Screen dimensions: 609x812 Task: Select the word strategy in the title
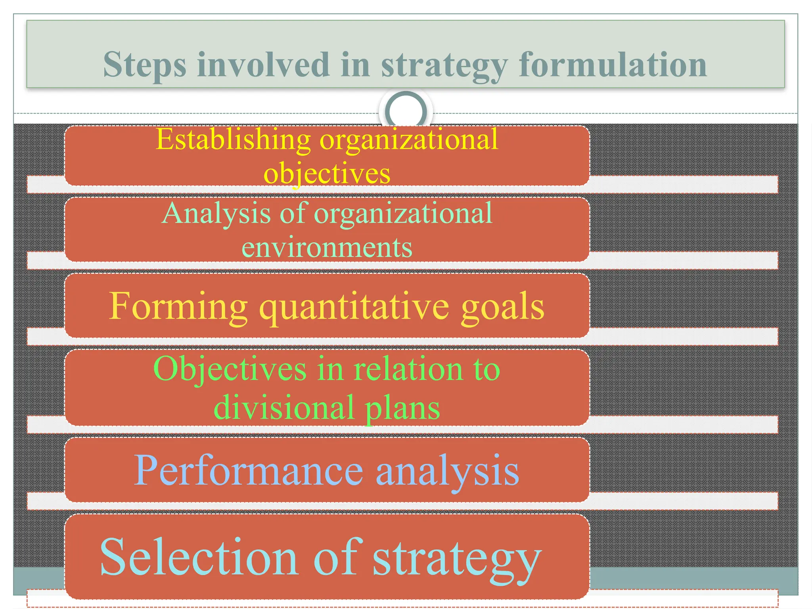click(x=444, y=65)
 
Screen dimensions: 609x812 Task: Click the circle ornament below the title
click(x=406, y=111)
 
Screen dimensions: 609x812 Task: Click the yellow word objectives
click(x=327, y=173)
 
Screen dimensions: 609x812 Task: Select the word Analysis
click(x=216, y=213)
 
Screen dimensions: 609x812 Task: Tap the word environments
click(x=327, y=247)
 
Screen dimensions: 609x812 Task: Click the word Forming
click(x=178, y=306)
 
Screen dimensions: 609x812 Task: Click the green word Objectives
click(x=230, y=369)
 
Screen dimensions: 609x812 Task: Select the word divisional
click(x=284, y=407)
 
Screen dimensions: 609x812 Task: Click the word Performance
click(x=249, y=471)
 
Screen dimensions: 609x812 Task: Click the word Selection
click(x=199, y=557)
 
